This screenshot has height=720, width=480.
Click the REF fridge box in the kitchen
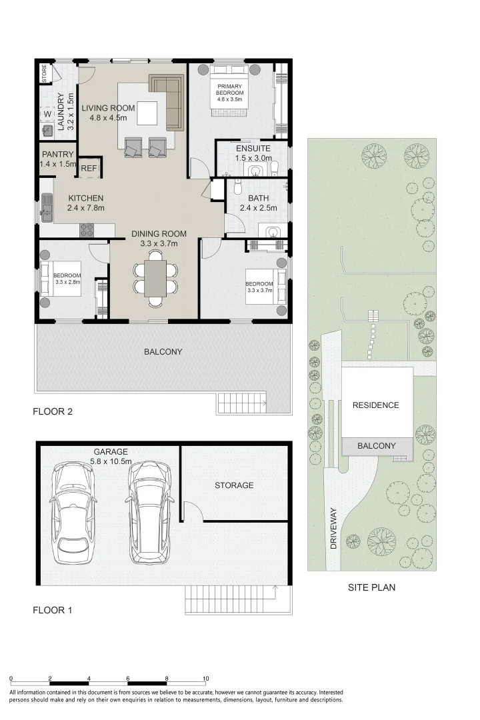(x=89, y=168)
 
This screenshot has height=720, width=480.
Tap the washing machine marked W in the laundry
(x=48, y=114)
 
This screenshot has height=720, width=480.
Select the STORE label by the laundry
(x=45, y=73)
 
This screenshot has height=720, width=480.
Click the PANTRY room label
(x=58, y=155)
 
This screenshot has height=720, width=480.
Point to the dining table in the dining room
(x=155, y=278)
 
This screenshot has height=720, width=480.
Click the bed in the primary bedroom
(x=229, y=92)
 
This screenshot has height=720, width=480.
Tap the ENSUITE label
(x=253, y=148)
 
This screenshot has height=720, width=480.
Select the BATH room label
(x=259, y=198)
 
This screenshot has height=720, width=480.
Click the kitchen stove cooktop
(x=87, y=229)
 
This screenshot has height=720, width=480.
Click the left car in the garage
(x=75, y=513)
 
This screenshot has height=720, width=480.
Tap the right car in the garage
(x=150, y=513)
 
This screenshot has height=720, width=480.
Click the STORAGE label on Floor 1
(x=234, y=485)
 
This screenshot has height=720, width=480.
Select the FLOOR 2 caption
(x=53, y=411)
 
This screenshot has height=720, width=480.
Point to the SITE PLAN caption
(x=371, y=587)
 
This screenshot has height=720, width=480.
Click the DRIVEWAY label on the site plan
(x=333, y=528)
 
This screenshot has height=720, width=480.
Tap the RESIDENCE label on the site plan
(x=376, y=405)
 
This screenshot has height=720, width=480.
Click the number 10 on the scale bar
(x=206, y=678)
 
